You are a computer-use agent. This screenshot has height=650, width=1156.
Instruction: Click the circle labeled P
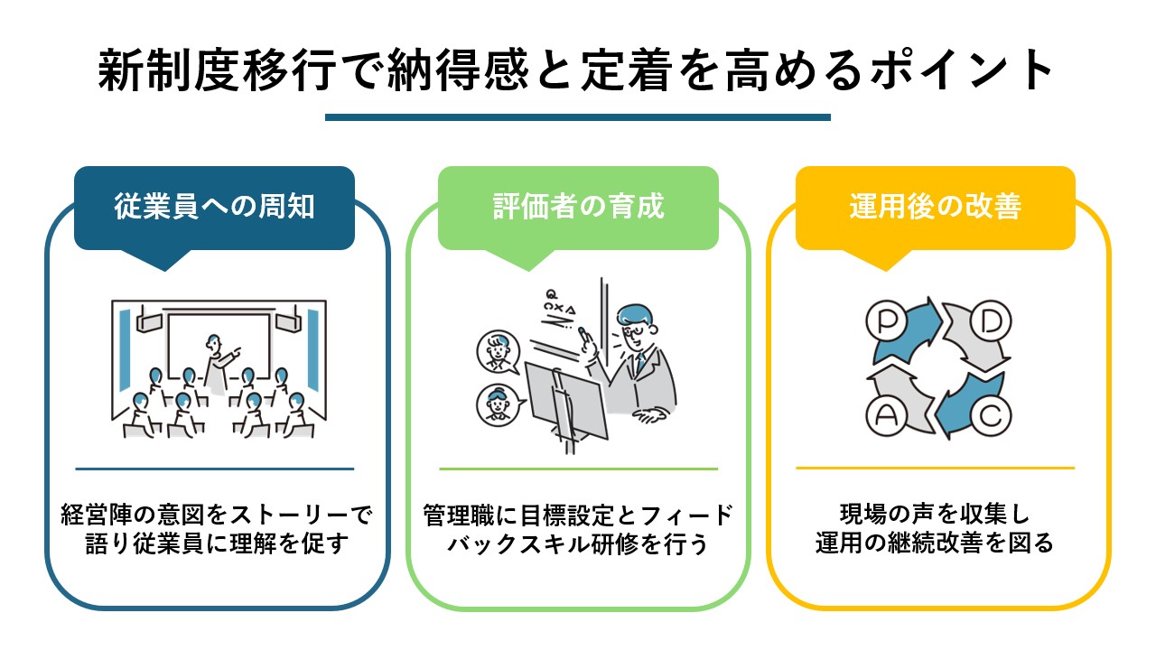[886, 321]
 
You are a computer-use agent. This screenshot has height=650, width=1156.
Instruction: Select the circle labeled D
[991, 321]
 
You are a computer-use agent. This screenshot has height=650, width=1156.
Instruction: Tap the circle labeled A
[886, 415]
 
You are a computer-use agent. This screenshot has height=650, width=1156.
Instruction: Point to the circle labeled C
[991, 415]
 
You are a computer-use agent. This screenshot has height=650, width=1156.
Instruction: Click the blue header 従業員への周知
[214, 208]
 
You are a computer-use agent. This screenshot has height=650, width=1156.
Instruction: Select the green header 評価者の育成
[578, 208]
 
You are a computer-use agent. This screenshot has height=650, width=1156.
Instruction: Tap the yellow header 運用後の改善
[935, 208]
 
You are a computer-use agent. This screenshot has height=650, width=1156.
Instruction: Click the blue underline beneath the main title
[577, 117]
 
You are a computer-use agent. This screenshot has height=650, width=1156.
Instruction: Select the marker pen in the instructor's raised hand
[584, 334]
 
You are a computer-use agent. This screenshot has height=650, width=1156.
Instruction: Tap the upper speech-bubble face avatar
[498, 352]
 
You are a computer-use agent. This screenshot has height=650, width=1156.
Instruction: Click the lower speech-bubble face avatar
[498, 404]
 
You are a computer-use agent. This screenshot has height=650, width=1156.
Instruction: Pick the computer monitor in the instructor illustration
[565, 400]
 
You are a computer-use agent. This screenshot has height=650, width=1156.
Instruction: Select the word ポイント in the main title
[962, 70]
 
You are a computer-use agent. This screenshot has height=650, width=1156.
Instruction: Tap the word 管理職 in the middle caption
[459, 515]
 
